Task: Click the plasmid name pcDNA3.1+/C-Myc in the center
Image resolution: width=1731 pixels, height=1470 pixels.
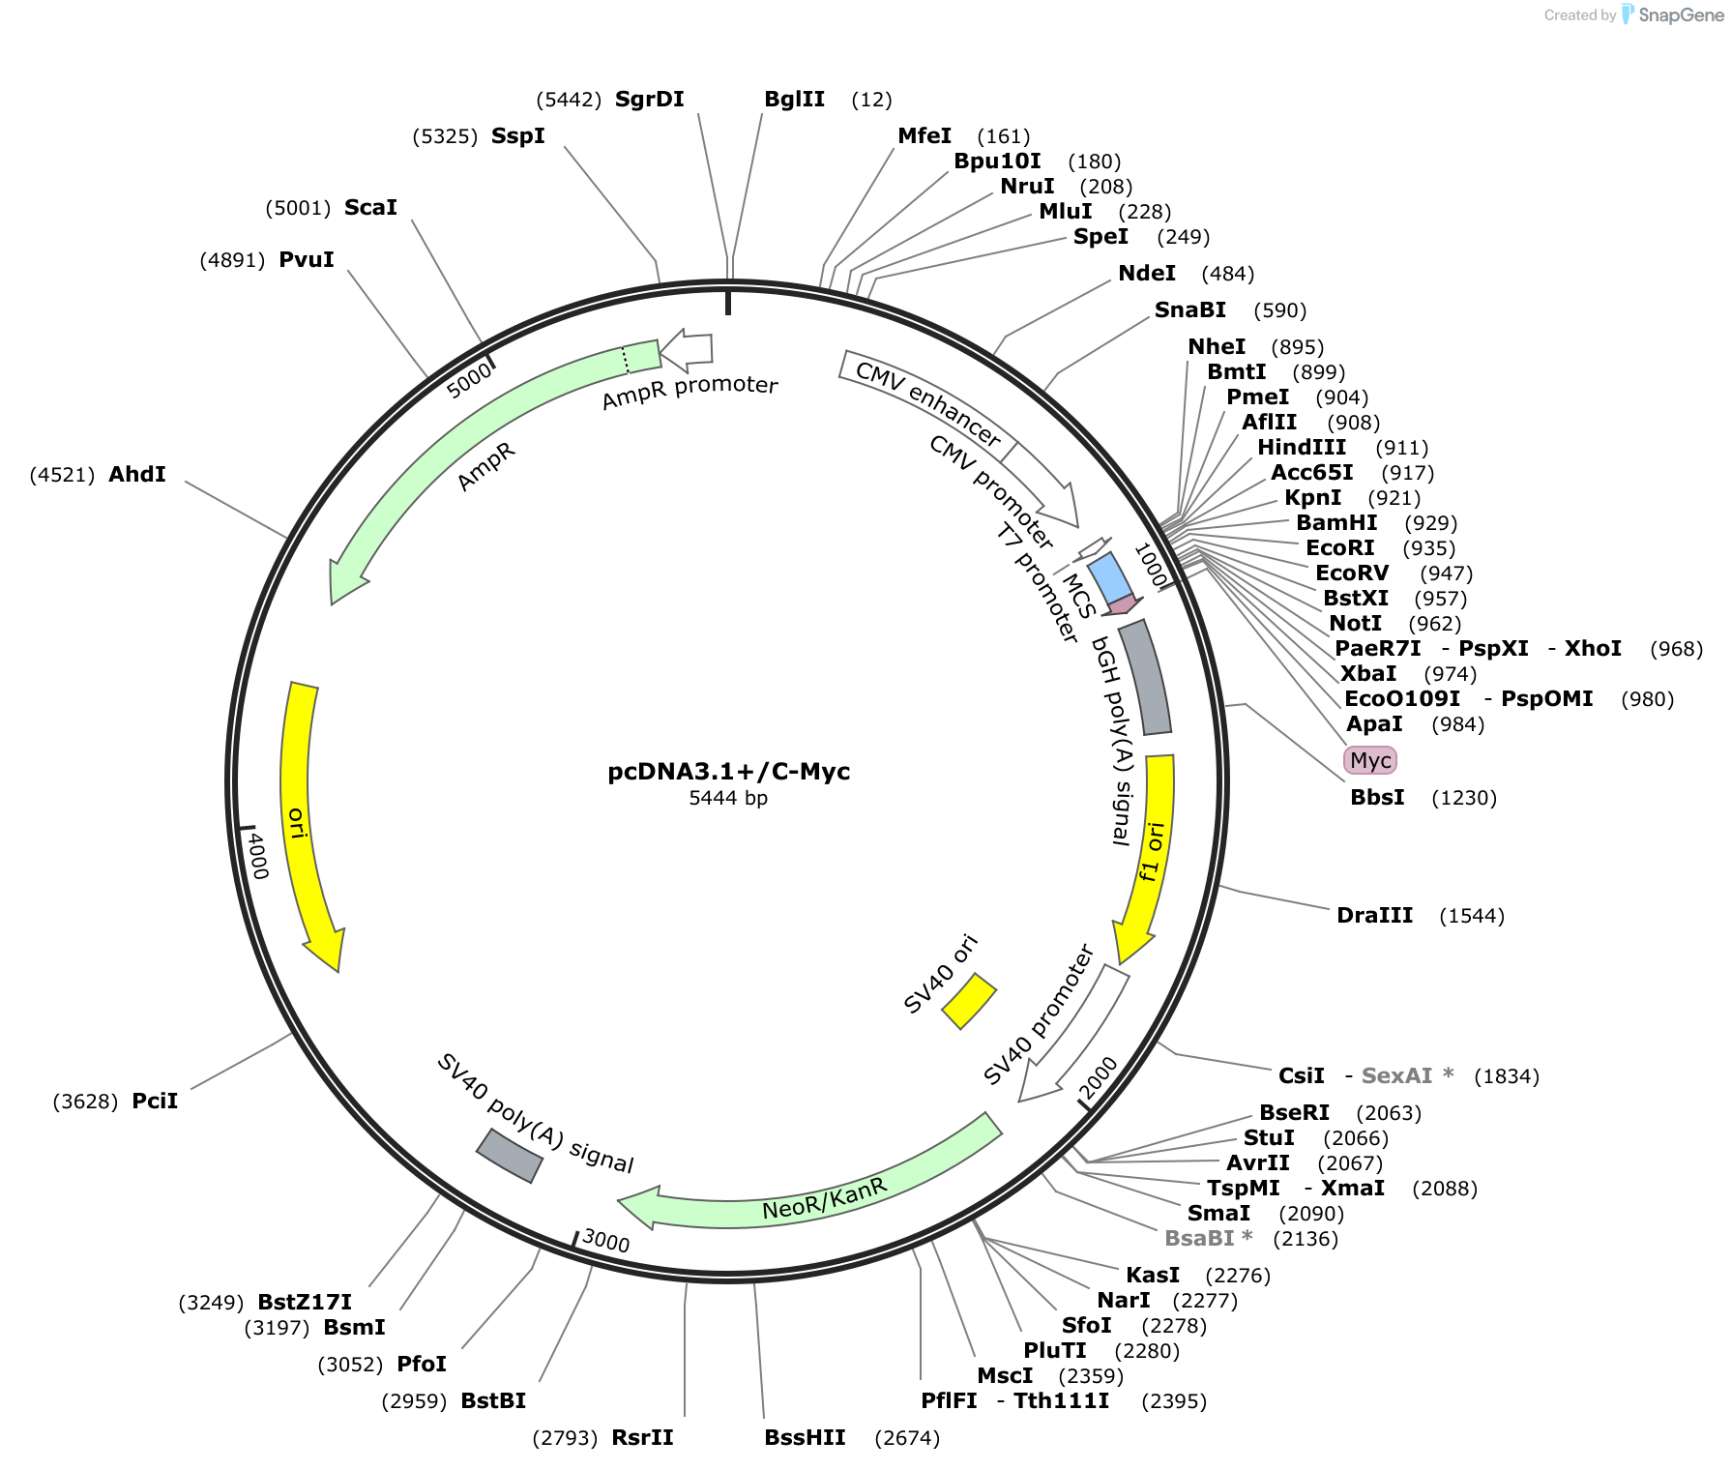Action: click(728, 772)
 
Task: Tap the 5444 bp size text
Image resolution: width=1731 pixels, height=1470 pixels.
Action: click(728, 799)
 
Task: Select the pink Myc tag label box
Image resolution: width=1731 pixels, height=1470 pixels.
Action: click(1369, 760)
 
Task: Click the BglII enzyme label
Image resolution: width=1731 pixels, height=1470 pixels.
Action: click(794, 100)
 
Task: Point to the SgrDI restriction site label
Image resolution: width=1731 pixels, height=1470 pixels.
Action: click(649, 100)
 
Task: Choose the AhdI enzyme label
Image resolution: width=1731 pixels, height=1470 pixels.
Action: click(137, 475)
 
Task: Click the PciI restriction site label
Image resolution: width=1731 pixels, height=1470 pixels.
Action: click(155, 1102)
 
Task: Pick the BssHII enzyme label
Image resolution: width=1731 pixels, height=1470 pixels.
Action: click(805, 1438)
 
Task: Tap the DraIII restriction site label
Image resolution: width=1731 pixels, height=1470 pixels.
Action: click(1374, 916)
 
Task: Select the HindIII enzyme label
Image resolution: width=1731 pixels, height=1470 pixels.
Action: click(1301, 448)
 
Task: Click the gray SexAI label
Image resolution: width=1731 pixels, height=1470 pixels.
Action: click(1396, 1076)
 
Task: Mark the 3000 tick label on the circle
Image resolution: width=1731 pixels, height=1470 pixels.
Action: click(606, 1241)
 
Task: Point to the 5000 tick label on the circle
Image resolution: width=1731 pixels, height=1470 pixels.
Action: click(470, 381)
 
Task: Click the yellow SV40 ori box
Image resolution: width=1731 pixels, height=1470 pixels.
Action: click(969, 1001)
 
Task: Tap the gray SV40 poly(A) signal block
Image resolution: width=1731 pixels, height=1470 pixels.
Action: click(509, 1155)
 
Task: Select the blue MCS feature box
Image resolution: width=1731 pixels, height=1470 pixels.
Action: click(1108, 577)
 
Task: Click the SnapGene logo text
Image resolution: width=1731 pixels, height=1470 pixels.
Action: click(1681, 15)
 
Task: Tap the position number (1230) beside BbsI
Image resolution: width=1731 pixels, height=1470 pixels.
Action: click(1464, 798)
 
